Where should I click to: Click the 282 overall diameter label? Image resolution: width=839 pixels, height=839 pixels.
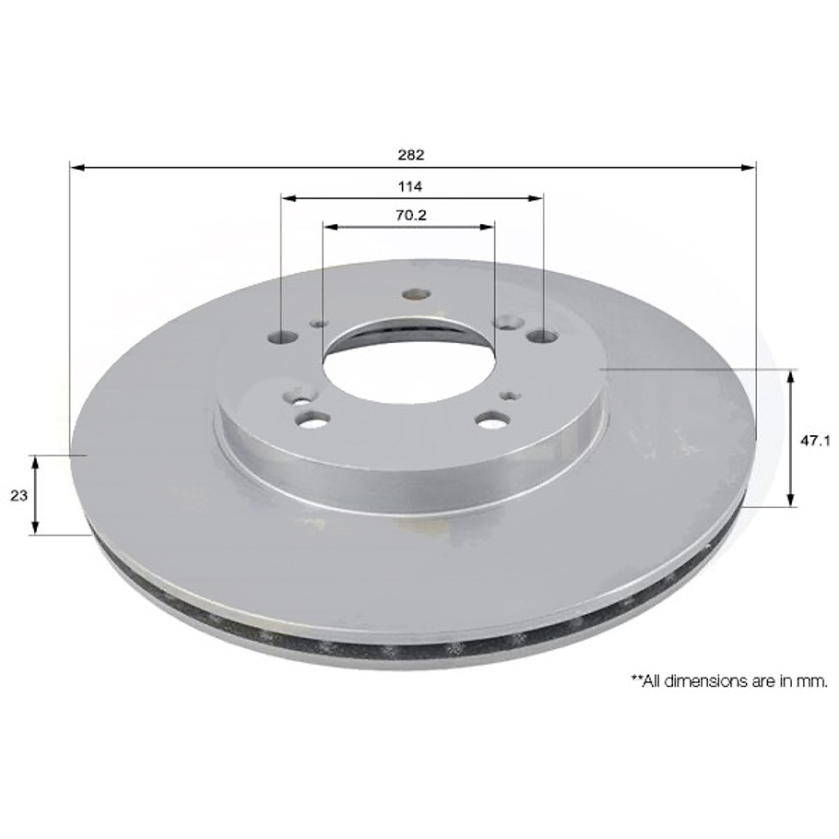411,154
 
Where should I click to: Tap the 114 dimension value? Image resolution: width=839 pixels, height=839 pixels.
410,186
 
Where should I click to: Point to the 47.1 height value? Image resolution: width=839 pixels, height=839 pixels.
811,441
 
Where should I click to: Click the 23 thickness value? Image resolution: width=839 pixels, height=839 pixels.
18,495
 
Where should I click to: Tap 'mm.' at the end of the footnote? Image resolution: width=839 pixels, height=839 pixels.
815,681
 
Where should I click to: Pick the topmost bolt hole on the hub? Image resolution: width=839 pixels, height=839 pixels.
417,295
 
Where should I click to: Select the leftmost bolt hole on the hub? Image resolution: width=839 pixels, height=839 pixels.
284,337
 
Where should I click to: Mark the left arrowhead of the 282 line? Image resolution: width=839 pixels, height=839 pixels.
77,168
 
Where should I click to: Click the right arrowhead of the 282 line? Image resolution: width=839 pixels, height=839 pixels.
749,168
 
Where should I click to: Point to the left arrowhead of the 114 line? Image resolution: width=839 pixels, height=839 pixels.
288,197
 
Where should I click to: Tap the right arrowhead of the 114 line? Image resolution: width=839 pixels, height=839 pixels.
537,197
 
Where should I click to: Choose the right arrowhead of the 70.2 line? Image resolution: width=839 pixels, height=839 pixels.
489,226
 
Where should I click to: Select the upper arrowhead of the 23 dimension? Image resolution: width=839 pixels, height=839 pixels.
35,461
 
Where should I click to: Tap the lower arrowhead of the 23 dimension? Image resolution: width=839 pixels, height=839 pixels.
35,528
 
